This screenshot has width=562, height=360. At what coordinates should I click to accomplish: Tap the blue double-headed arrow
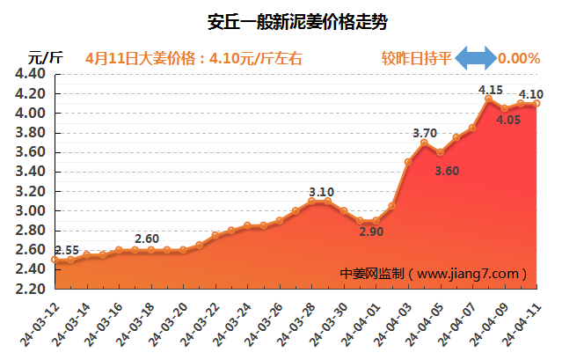click(475, 59)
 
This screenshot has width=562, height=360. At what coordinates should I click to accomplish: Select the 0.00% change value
click(519, 59)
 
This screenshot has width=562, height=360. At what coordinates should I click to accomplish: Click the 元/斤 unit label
click(46, 59)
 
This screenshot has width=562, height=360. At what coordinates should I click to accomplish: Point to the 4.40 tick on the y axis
click(31, 74)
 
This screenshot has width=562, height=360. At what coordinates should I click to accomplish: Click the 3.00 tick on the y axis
click(31, 210)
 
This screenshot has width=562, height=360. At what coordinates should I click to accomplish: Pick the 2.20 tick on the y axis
click(31, 289)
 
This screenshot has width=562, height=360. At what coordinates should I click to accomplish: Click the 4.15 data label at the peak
click(490, 89)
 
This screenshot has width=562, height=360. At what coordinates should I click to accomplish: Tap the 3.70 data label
click(425, 133)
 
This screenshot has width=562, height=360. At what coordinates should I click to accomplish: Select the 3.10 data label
click(322, 191)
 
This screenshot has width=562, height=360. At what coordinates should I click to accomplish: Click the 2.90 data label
click(369, 231)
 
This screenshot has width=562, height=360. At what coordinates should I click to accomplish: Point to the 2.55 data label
click(66, 250)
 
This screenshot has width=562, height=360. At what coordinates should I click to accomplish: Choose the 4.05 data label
click(507, 121)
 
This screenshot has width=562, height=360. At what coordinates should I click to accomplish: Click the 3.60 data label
click(447, 171)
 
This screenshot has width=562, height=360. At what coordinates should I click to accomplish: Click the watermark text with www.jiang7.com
click(434, 274)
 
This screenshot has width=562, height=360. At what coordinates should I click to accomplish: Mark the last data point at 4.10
click(536, 104)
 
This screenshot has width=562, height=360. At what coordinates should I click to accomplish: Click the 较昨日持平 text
click(416, 59)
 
